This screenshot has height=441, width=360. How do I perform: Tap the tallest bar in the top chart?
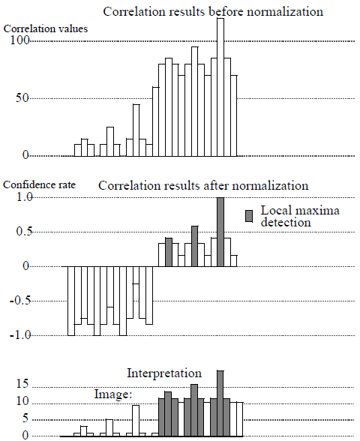pos(220,86)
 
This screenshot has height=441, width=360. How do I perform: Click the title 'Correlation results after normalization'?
pos(202,184)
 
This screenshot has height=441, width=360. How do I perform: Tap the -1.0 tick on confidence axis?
pos(18,334)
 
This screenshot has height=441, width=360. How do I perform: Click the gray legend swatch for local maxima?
pos(249,216)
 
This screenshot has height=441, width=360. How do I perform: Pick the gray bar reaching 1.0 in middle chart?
pos(220,231)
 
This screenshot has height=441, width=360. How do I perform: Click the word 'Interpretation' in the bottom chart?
pos(164,373)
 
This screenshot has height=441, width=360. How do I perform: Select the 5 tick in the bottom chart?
pos(24,418)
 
